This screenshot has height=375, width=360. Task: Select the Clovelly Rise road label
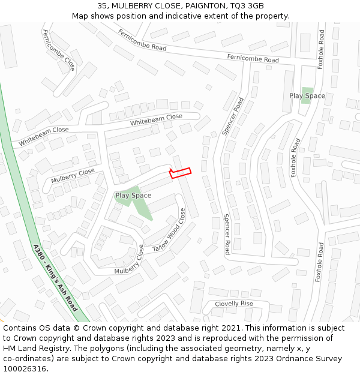pos(234,304)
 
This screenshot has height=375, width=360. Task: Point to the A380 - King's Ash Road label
pos(55,278)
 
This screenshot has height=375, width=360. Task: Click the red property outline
pos(180,173)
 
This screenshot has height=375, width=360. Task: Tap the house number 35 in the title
pos(103,6)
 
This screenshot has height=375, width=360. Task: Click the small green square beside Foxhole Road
pos(307,95)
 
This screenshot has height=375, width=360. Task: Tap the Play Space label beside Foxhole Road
pos(307,95)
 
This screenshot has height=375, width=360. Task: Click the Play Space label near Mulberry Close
pos(133,196)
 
